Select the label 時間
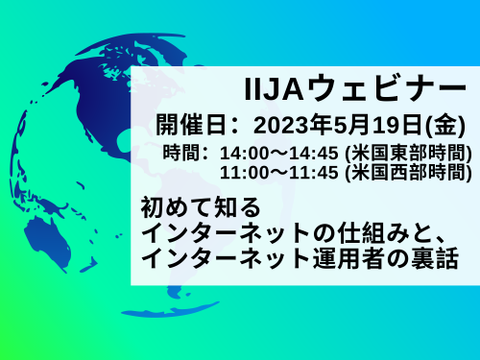click(183, 154)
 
